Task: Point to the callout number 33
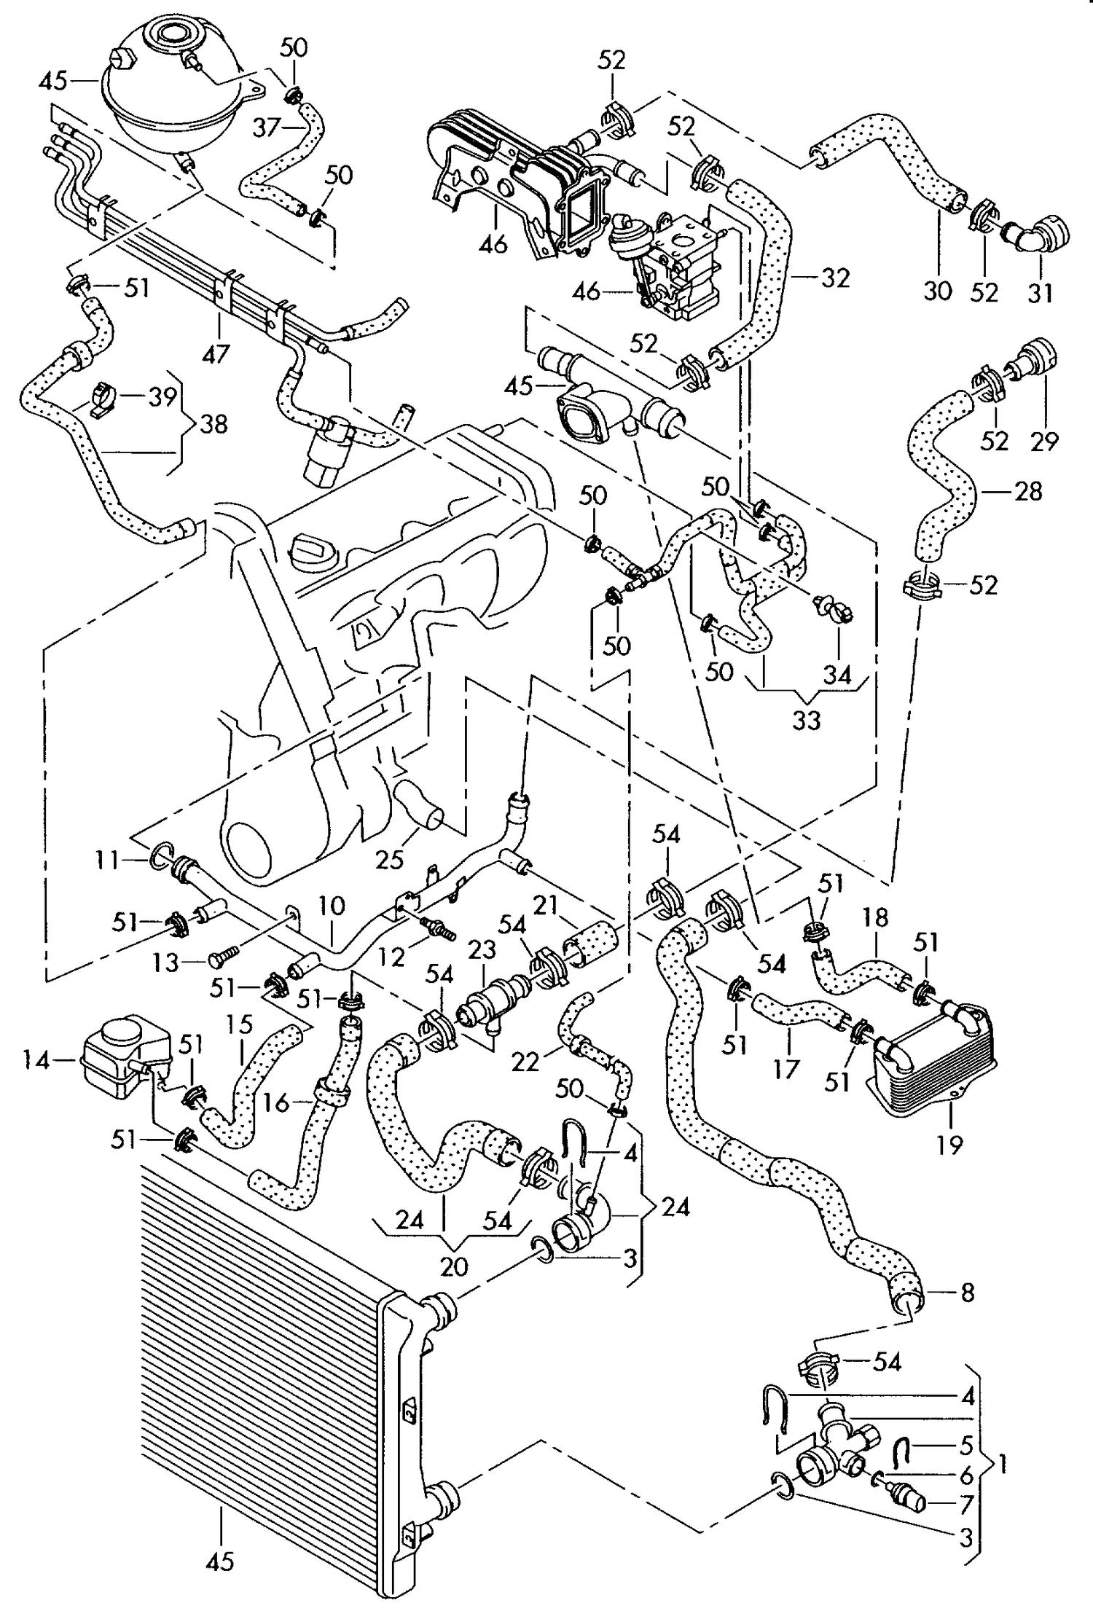click(x=806, y=720)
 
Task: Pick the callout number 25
click(x=390, y=860)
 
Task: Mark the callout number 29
click(x=1044, y=441)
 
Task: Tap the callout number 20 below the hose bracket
click(x=454, y=1266)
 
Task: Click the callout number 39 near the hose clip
click(x=162, y=397)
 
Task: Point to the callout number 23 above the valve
click(x=482, y=949)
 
